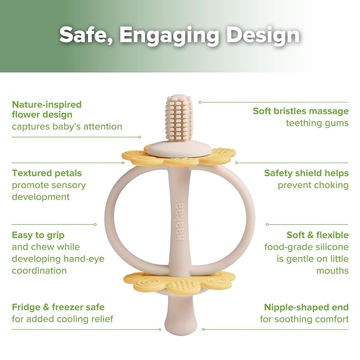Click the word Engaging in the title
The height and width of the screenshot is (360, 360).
coord(169,35)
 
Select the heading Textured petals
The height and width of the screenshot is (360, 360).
coord(47,173)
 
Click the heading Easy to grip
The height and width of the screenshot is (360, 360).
coord(38,235)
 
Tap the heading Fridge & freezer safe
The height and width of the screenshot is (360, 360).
coord(58,307)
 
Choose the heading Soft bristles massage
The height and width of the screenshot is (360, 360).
coord(301,111)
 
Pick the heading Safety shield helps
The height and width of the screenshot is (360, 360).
coord(306,173)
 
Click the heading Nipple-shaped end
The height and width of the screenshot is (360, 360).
coord(306,307)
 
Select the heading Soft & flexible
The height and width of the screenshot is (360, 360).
coord(318,235)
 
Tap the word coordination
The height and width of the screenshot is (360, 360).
coord(39,270)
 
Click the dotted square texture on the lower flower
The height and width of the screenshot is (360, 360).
coord(183,285)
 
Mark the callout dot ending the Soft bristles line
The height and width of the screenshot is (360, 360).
coord(200,102)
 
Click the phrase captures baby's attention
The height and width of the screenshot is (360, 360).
coord(67,127)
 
